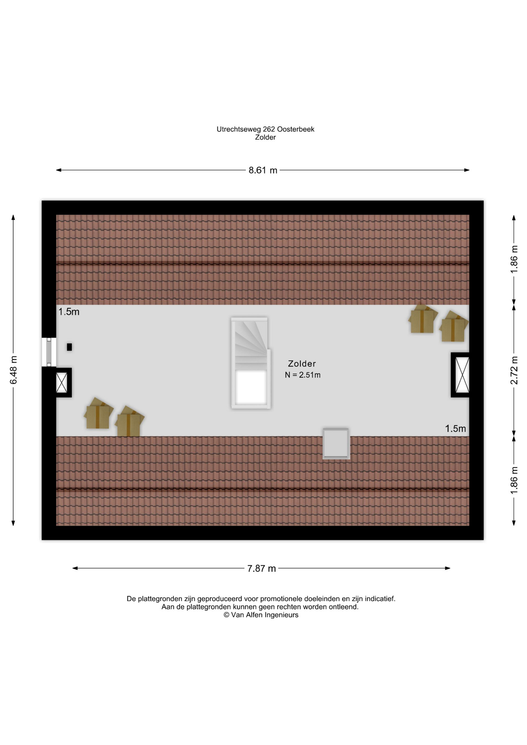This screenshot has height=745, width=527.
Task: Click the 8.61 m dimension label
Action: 263,170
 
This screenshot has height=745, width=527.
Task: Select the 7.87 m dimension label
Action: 262,568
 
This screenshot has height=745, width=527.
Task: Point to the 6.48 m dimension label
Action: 14,370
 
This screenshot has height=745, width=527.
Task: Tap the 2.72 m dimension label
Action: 514,370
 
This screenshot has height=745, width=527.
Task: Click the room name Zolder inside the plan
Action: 302,364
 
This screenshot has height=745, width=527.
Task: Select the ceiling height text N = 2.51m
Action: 303,375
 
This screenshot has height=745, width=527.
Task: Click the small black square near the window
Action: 69,347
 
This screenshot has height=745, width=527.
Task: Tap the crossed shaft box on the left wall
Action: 62,383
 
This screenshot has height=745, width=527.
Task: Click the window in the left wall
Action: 49,352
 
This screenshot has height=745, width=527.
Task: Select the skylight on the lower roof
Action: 336,444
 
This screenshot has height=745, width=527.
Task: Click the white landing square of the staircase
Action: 251,387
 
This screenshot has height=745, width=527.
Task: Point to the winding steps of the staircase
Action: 250,338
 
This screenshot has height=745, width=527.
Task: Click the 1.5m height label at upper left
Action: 69,312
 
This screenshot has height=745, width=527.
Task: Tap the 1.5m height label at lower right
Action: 455,429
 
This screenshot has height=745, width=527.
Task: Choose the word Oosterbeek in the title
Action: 296,129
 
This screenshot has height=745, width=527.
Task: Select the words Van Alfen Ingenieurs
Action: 265,615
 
